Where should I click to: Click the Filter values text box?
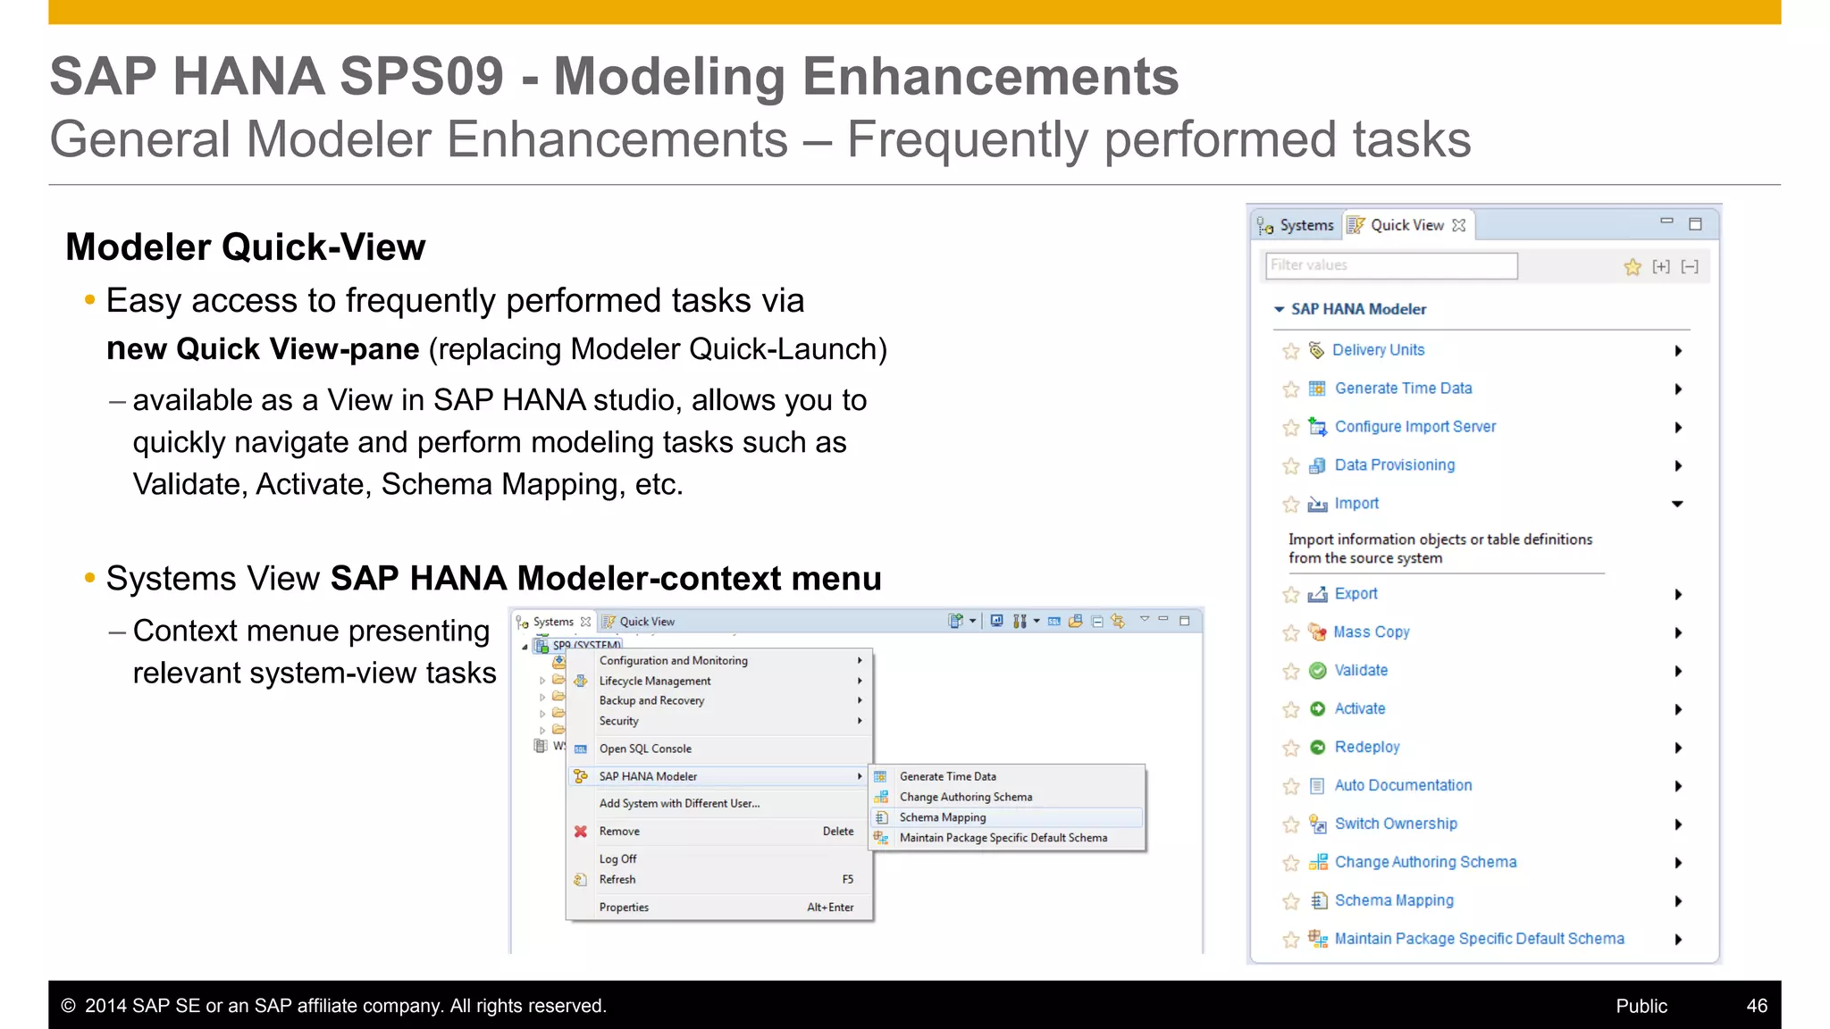pos(1391,265)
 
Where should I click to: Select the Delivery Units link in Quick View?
pos(1378,350)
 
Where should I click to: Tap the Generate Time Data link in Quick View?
pos(1403,389)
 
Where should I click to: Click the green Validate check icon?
pos(1317,671)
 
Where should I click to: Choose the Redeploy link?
pos(1366,748)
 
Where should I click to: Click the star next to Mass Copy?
pos(1290,633)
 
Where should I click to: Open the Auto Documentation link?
pos(1403,786)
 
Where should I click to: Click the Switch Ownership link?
pos(1396,824)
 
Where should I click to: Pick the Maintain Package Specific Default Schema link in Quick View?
pos(1479,939)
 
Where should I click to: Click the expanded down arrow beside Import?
pos(1677,505)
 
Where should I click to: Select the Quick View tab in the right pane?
pos(1406,225)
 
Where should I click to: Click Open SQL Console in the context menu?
pos(645,749)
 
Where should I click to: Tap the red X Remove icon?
pos(581,832)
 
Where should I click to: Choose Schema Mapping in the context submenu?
pos(943,817)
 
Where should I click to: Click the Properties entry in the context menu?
pos(624,908)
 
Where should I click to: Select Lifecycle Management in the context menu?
pos(655,681)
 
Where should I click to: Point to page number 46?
pos(1756,1006)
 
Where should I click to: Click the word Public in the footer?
pos(1641,1006)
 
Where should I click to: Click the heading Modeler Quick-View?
pos(246,247)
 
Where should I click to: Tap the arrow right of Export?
pos(1678,595)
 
